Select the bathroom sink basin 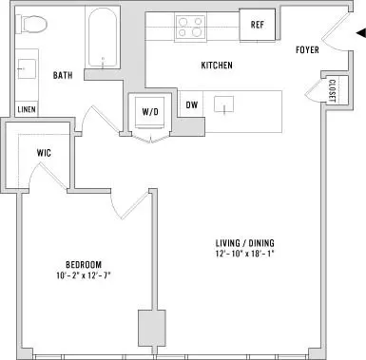click(27, 68)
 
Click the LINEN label click(27, 110)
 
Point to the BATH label click(63, 75)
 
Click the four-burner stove click(190, 27)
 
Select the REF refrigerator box click(257, 25)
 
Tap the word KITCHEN click(217, 66)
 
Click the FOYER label click(307, 50)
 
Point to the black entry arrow click(360, 33)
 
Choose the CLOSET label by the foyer click(332, 90)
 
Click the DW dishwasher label click(192, 104)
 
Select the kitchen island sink click(224, 104)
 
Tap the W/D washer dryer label click(150, 111)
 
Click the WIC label click(44, 153)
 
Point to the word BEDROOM click(84, 264)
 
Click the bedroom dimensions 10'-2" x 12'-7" click(84, 275)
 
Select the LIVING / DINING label click(245, 243)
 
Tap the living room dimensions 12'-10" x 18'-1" click(245, 254)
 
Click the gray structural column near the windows click(152, 329)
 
